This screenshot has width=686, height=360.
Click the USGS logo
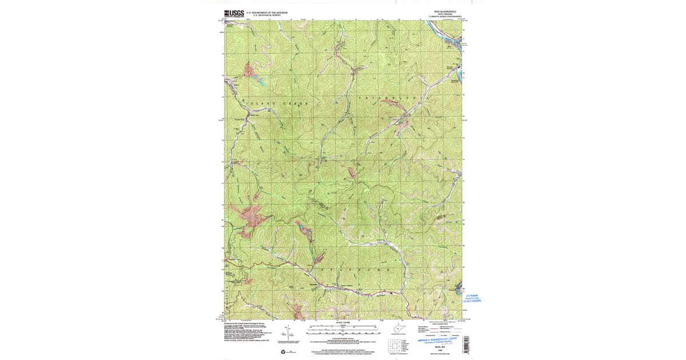(x=234, y=14)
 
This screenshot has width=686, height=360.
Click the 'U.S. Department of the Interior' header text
(x=266, y=12)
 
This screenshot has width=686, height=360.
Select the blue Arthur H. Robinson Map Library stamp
(x=441, y=341)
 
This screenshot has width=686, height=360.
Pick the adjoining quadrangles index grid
(x=394, y=345)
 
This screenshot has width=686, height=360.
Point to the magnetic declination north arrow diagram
(x=293, y=334)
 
